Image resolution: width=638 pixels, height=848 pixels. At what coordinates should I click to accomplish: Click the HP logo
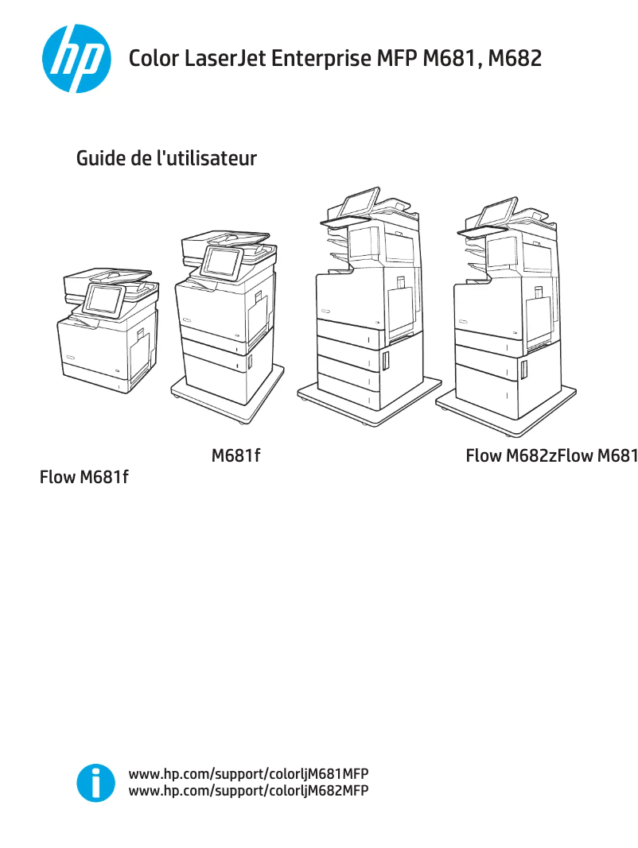[x=72, y=58]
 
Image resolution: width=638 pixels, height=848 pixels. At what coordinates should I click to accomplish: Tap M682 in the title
[x=515, y=58]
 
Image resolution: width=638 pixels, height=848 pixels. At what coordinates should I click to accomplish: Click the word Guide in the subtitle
[x=100, y=158]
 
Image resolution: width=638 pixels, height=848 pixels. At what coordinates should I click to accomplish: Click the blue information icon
[x=95, y=783]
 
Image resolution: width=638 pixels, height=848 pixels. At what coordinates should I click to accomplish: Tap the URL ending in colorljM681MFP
[x=248, y=774]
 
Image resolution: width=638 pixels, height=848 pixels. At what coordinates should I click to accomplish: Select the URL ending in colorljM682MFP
[x=248, y=791]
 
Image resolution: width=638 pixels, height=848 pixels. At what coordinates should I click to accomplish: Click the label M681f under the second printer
[x=236, y=456]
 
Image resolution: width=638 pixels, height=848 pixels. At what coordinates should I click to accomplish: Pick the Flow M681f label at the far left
[x=84, y=478]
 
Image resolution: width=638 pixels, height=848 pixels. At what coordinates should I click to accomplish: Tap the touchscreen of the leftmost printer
[x=103, y=299]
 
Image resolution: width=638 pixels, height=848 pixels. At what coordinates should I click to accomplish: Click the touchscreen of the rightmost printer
[x=496, y=212]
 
